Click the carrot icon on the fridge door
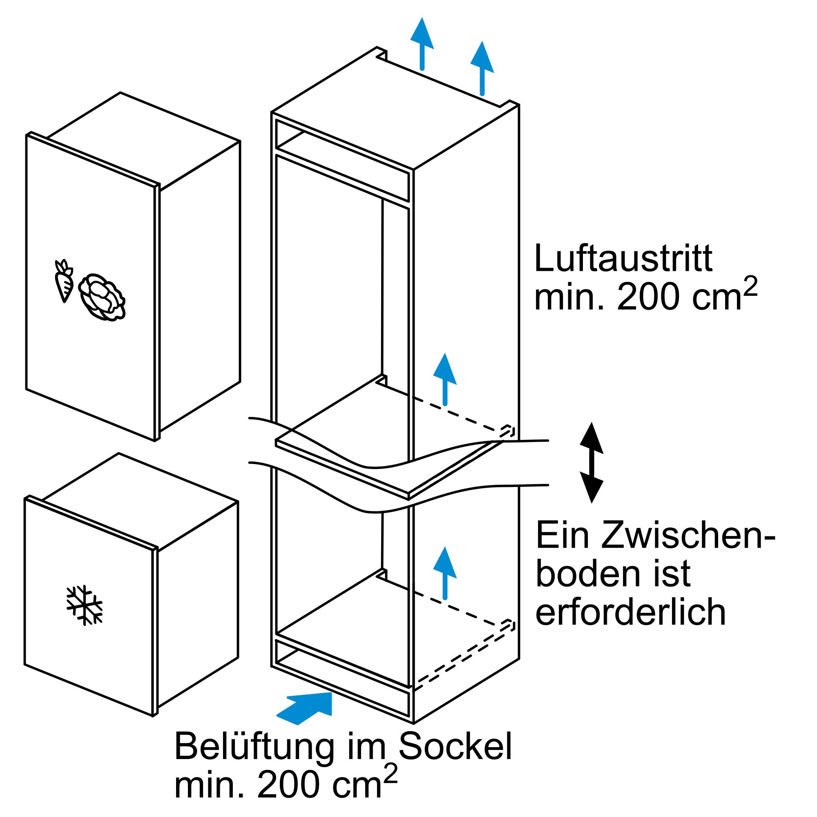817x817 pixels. coord(64,281)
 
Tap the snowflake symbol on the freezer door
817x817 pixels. coord(85,605)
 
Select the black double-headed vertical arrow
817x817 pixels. coord(591,463)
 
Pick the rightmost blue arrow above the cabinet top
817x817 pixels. coord(482,68)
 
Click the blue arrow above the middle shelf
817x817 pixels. coord(445,379)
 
